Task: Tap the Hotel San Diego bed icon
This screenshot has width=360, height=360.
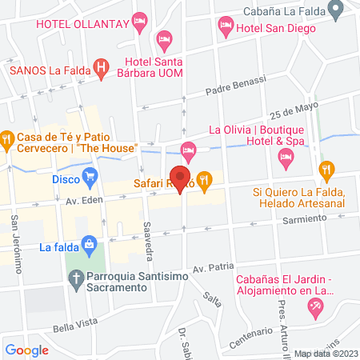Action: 226,28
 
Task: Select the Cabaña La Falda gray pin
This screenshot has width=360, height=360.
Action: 338,10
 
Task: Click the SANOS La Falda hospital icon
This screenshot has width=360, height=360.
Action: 102,69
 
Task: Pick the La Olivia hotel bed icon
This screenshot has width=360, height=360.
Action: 188,149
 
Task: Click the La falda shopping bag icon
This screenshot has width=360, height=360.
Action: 90,242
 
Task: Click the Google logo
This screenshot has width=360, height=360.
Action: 27,349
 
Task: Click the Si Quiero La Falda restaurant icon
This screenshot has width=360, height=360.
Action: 326,170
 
